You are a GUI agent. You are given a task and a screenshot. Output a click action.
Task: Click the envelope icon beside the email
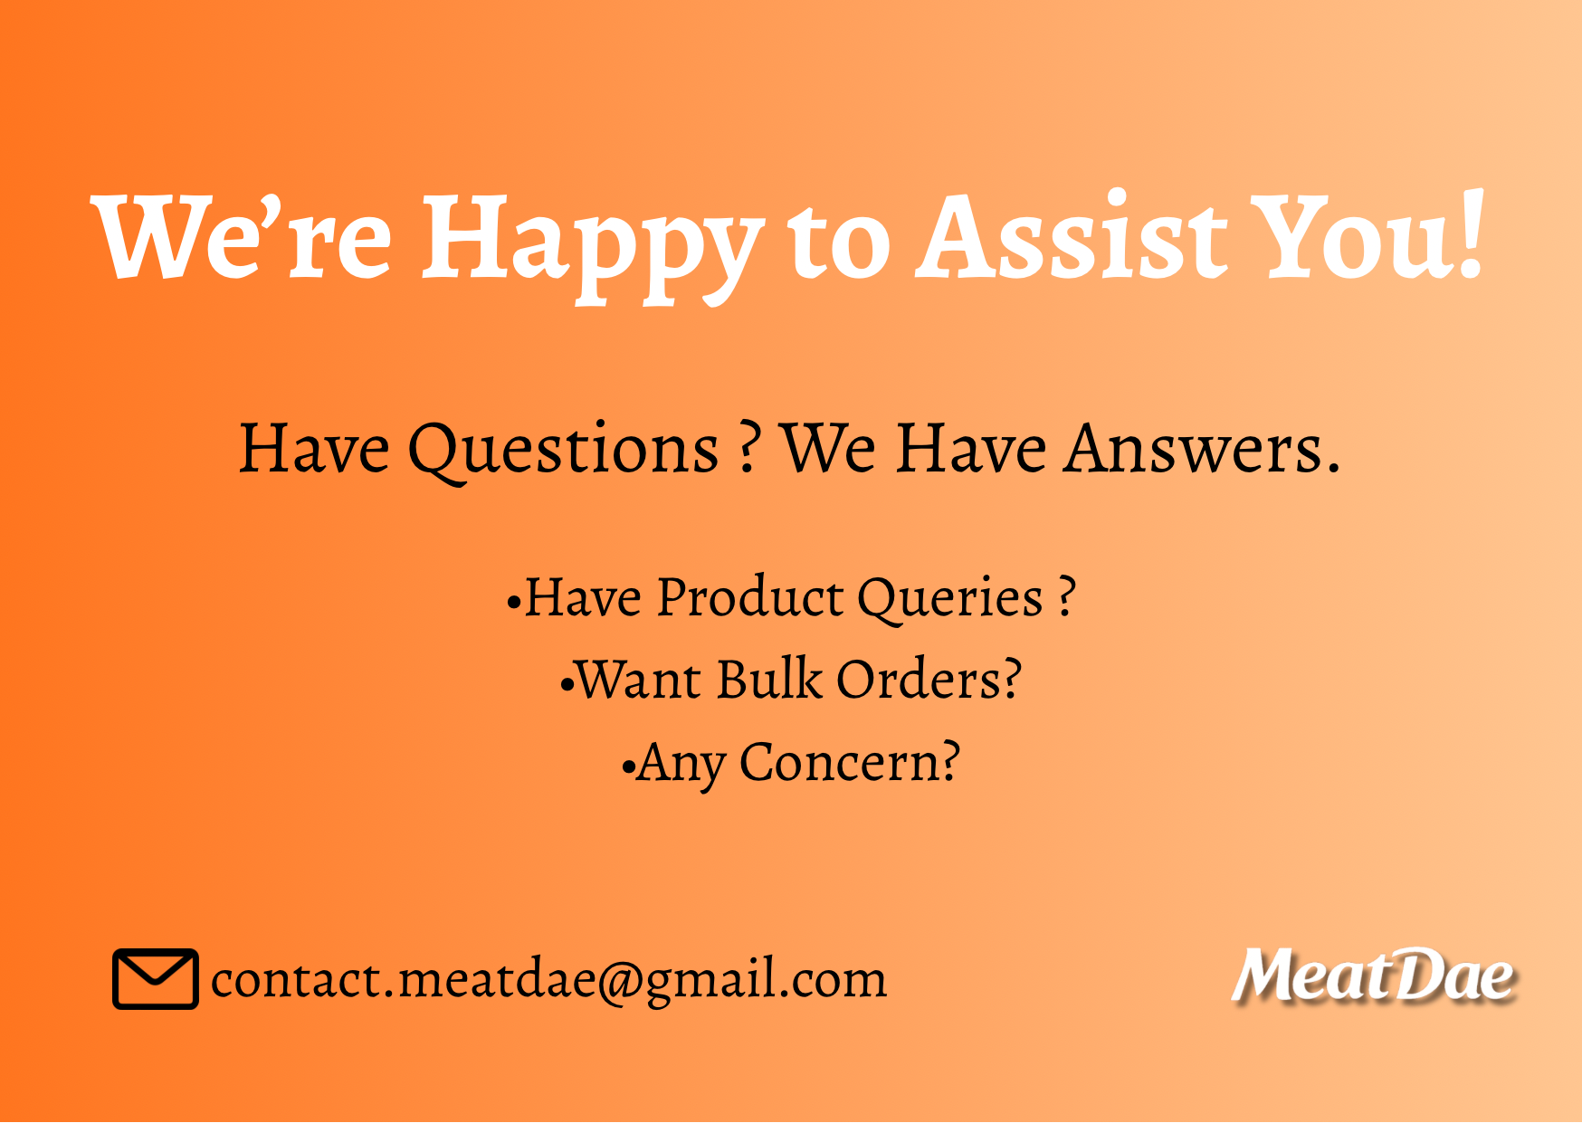[155, 978]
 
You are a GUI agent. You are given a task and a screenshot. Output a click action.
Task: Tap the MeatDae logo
[1373, 975]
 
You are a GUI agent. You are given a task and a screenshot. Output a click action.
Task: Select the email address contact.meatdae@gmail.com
[548, 979]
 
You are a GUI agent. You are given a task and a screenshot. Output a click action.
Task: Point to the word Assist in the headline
[1072, 234]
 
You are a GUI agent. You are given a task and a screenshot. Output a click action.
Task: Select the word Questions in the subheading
[564, 449]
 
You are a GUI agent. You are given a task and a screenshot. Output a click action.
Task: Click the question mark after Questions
[748, 447]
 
